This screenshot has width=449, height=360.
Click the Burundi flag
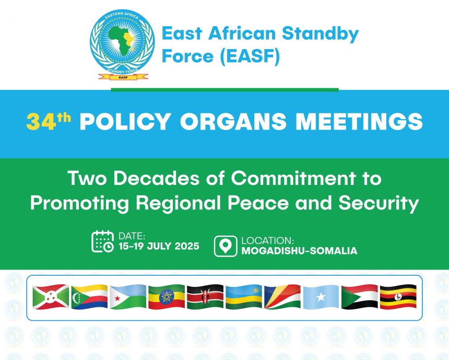(51, 297)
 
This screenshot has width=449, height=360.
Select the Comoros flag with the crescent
(89, 297)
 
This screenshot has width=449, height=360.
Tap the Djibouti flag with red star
(128, 297)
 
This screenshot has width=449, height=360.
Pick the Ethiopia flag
(167, 297)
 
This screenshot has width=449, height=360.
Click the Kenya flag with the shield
(205, 297)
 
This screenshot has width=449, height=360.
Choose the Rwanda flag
(244, 297)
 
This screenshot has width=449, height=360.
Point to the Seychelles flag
(282, 297)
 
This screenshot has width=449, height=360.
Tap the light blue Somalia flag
(321, 297)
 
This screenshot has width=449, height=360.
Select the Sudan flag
(360, 297)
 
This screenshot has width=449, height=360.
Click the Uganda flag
(398, 297)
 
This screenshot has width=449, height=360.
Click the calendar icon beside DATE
(102, 241)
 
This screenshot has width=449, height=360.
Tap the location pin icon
(226, 246)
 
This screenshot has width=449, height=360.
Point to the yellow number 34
(41, 122)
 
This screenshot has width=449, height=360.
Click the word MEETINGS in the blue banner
(359, 121)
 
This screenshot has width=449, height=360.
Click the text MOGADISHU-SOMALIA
(299, 251)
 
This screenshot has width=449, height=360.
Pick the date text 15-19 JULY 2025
(159, 246)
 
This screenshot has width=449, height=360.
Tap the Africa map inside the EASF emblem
(122, 40)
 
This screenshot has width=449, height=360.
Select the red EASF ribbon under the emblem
(123, 77)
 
